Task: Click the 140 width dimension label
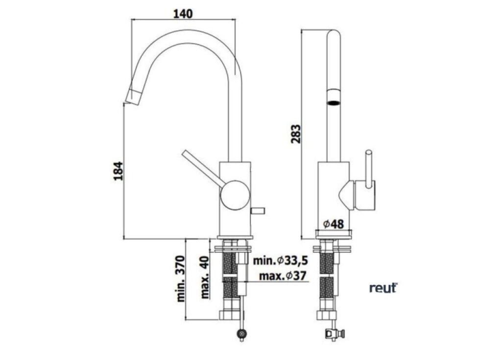183,14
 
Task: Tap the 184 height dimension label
118,171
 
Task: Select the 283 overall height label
296,134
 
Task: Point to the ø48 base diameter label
334,224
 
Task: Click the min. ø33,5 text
280,261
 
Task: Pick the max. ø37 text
283,276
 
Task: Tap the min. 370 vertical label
181,279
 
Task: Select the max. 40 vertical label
205,277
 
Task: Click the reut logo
383,288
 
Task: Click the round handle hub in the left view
235,195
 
